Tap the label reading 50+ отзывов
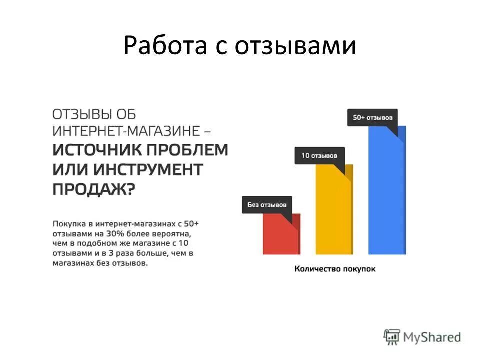click(372, 117)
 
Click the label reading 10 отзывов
click(319, 156)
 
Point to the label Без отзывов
click(267, 204)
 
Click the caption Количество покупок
click(335, 269)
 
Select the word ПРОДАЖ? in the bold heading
click(93, 189)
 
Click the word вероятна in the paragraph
click(176, 233)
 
